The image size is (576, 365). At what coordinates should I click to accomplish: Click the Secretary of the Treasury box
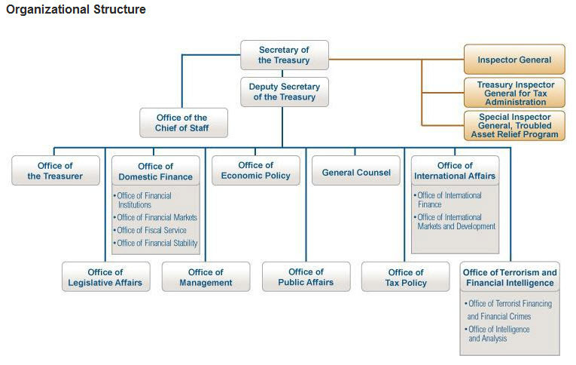coord(284,55)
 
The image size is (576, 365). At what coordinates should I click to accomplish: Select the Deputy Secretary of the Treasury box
coord(284,92)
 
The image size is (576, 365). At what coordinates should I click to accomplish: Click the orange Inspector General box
coord(514,60)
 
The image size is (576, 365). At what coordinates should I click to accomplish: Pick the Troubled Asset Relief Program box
coord(515,126)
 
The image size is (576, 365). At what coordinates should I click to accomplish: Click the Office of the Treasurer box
coord(55,171)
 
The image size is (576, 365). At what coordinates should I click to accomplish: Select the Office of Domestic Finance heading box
coord(155,171)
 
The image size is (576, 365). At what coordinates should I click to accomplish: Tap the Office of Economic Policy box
coord(255,170)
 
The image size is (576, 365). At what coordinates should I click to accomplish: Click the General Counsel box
coord(356,172)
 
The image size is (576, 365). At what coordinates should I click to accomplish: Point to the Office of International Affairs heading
coord(454,171)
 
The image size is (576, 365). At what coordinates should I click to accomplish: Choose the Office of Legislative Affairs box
coord(105,278)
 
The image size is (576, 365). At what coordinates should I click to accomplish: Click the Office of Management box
coord(206,278)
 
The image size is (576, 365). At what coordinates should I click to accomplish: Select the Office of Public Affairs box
coord(306,277)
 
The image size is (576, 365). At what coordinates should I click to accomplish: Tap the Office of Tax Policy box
coord(406,278)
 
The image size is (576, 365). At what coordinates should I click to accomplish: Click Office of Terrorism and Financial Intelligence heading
coord(510,278)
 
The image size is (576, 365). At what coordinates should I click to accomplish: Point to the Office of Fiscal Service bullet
coord(151,231)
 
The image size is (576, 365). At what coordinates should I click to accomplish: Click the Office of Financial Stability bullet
coord(157,243)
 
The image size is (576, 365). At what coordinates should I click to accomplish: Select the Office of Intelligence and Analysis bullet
coord(498,334)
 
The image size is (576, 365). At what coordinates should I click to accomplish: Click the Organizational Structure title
coord(76,10)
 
